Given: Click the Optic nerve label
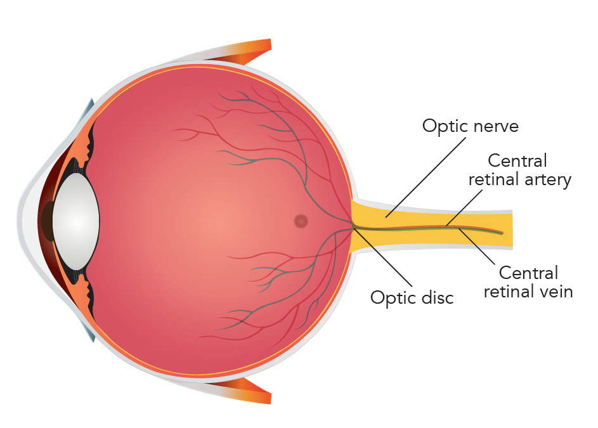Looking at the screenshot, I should pyautogui.click(x=470, y=126).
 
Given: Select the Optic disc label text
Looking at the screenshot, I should pyautogui.click(x=412, y=297).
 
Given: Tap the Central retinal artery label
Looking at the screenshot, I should pyautogui.click(x=519, y=170).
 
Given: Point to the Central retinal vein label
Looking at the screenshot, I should pyautogui.click(x=528, y=282).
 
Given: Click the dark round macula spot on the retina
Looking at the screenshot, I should pyautogui.click(x=301, y=221).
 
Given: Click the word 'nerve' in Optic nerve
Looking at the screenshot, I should pyautogui.click(x=495, y=126).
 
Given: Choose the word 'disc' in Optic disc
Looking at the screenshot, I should pyautogui.click(x=438, y=297).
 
